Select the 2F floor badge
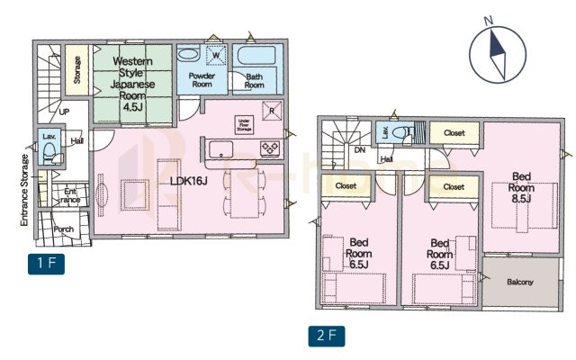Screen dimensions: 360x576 click(x=327, y=337)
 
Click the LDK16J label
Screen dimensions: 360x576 click(x=189, y=180)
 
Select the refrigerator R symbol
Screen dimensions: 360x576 click(x=271, y=111)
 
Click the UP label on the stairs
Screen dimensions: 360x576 click(x=64, y=112)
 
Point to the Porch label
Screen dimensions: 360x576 click(x=64, y=229)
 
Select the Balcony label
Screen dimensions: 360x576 click(x=519, y=282)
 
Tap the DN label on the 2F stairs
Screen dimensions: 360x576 click(x=359, y=150)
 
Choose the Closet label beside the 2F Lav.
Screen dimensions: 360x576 click(x=454, y=133)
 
